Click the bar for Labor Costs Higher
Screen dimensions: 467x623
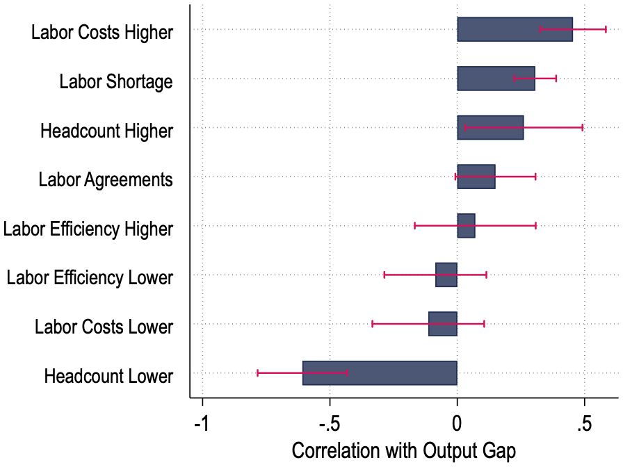(x=515, y=29)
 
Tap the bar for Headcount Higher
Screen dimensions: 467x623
(x=490, y=128)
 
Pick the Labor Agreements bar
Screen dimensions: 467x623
(x=476, y=177)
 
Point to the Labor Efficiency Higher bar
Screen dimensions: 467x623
(x=466, y=226)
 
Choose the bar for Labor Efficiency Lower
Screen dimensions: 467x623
(x=446, y=275)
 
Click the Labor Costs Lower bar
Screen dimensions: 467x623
(x=443, y=324)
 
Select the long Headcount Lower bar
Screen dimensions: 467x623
(x=380, y=373)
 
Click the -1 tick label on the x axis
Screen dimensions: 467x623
(x=202, y=423)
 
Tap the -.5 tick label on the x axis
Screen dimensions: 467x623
(x=330, y=423)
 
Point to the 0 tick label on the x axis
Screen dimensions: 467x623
(x=457, y=423)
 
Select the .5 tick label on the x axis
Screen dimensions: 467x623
(x=584, y=423)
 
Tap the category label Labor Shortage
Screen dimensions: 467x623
(x=115, y=82)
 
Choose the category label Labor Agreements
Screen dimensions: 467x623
(x=105, y=180)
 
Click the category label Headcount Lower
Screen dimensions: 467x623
(x=108, y=377)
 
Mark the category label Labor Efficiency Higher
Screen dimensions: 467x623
(x=88, y=229)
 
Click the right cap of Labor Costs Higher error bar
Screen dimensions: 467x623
(x=606, y=29)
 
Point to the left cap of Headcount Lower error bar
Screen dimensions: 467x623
(x=257, y=373)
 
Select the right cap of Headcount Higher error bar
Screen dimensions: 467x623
(x=583, y=128)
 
